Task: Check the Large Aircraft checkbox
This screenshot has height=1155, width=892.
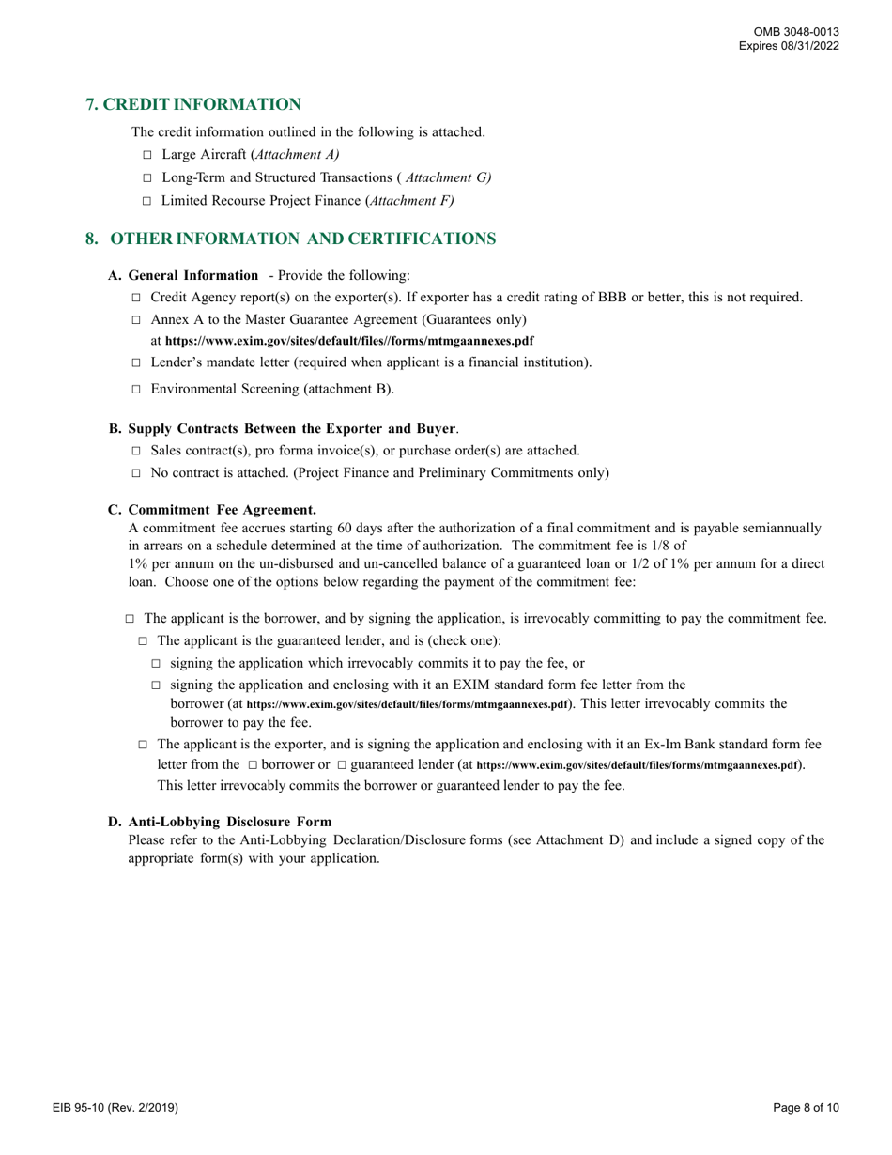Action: [146, 155]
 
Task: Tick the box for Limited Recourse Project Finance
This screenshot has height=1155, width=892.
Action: [146, 201]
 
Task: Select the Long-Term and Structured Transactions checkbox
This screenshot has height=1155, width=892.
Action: [146, 177]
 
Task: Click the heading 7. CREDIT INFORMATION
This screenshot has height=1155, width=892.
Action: [193, 104]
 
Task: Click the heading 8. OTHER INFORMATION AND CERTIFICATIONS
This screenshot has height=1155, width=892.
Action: [291, 239]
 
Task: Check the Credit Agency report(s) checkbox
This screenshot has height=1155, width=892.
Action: [136, 299]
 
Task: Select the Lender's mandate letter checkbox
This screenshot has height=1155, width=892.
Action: [136, 362]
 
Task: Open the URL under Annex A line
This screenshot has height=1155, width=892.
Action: [349, 341]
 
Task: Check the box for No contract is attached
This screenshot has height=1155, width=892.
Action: [136, 473]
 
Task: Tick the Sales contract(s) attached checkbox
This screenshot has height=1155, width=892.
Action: [136, 451]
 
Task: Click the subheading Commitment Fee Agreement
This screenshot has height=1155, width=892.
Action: [222, 510]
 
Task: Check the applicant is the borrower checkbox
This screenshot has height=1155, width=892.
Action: [130, 619]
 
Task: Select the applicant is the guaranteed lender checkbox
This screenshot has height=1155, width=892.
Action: [143, 641]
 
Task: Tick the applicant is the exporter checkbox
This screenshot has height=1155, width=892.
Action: [143, 745]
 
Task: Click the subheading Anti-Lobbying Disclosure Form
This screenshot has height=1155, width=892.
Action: [229, 822]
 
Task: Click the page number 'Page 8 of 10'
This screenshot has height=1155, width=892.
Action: [806, 1108]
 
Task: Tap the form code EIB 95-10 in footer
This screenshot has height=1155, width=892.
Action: [115, 1108]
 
